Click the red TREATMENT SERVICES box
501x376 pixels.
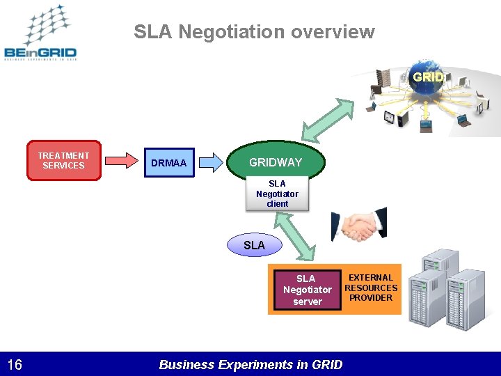[x=63, y=161]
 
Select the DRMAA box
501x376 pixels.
[x=168, y=163]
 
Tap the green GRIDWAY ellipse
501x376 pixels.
[x=276, y=162]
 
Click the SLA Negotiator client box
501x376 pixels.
[x=277, y=194]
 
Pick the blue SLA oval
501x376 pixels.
[x=254, y=245]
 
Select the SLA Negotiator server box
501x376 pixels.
[x=307, y=290]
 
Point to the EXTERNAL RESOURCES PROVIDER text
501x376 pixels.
[x=371, y=288]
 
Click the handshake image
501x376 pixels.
[x=359, y=225]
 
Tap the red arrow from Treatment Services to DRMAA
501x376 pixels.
[x=122, y=161]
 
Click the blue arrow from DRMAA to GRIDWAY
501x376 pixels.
[x=212, y=162]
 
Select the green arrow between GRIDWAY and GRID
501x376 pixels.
[x=328, y=120]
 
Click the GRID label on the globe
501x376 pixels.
[x=427, y=77]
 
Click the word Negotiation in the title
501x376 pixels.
[x=234, y=32]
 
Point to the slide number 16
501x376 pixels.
[x=15, y=364]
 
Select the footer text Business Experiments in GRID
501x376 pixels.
[x=250, y=364]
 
